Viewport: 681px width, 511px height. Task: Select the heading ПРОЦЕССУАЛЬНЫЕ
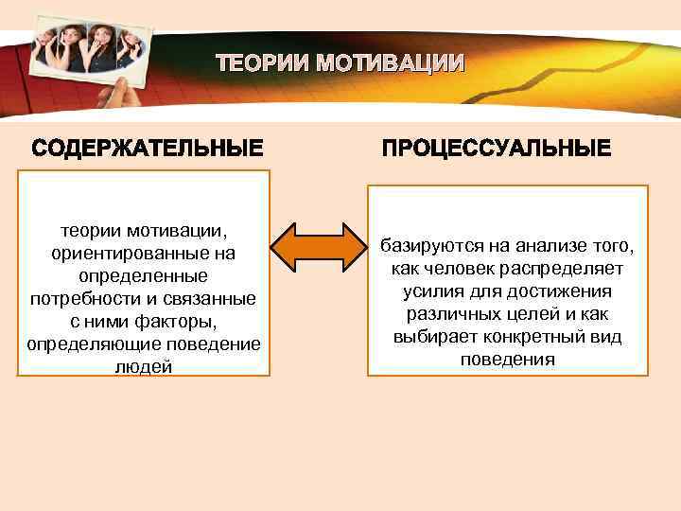(x=497, y=150)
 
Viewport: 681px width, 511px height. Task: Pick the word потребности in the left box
(x=82, y=299)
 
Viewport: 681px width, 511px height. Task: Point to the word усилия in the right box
(x=433, y=291)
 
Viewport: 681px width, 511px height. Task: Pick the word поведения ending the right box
(x=508, y=360)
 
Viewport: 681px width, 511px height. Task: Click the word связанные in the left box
(x=218, y=299)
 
